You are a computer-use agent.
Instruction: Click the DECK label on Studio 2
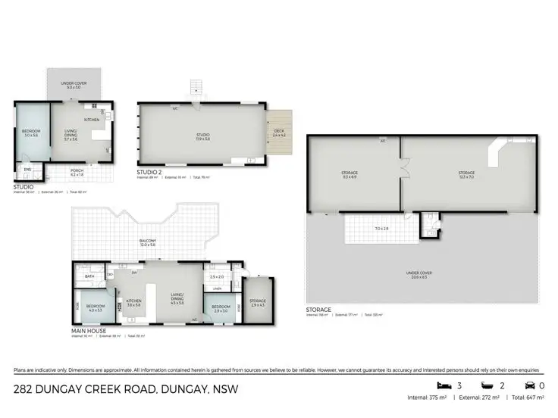click(278, 131)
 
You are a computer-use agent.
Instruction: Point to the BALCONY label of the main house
click(147, 242)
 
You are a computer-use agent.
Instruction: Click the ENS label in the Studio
click(27, 169)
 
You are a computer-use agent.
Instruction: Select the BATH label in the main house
click(89, 276)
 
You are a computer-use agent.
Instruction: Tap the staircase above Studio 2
click(196, 89)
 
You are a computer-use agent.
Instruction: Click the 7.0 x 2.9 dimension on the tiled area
click(381, 228)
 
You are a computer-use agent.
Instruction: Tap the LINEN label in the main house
click(217, 289)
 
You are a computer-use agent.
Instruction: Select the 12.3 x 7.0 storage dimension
click(466, 176)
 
